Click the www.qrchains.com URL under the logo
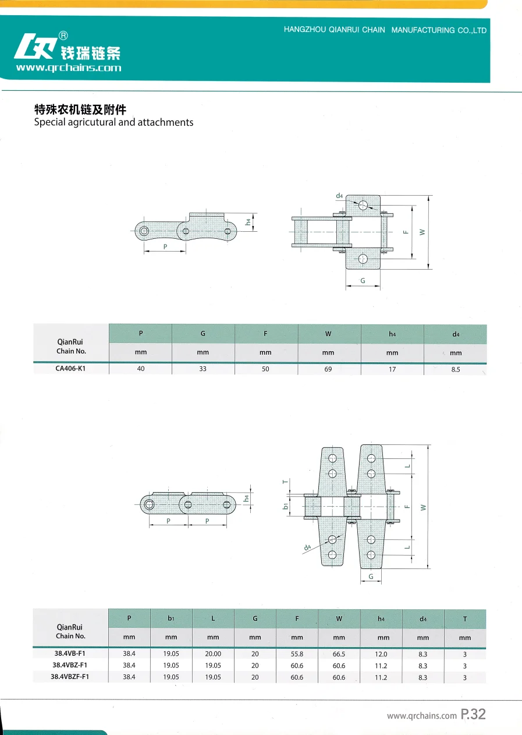pos(69,68)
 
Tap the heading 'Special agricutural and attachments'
pos(113,122)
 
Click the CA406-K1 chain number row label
pos(71,369)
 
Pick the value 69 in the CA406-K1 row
pos(328,369)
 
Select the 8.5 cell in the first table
pos(456,369)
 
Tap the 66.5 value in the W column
pos(339,654)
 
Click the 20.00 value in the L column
pos(213,654)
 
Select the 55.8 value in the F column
pos(297,654)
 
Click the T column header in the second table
pos(464,619)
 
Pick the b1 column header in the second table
pos(171,619)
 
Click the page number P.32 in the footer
pos(473,715)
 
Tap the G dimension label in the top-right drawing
pos(363,281)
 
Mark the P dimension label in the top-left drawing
pos(165,247)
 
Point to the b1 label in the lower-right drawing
pos(285,506)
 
